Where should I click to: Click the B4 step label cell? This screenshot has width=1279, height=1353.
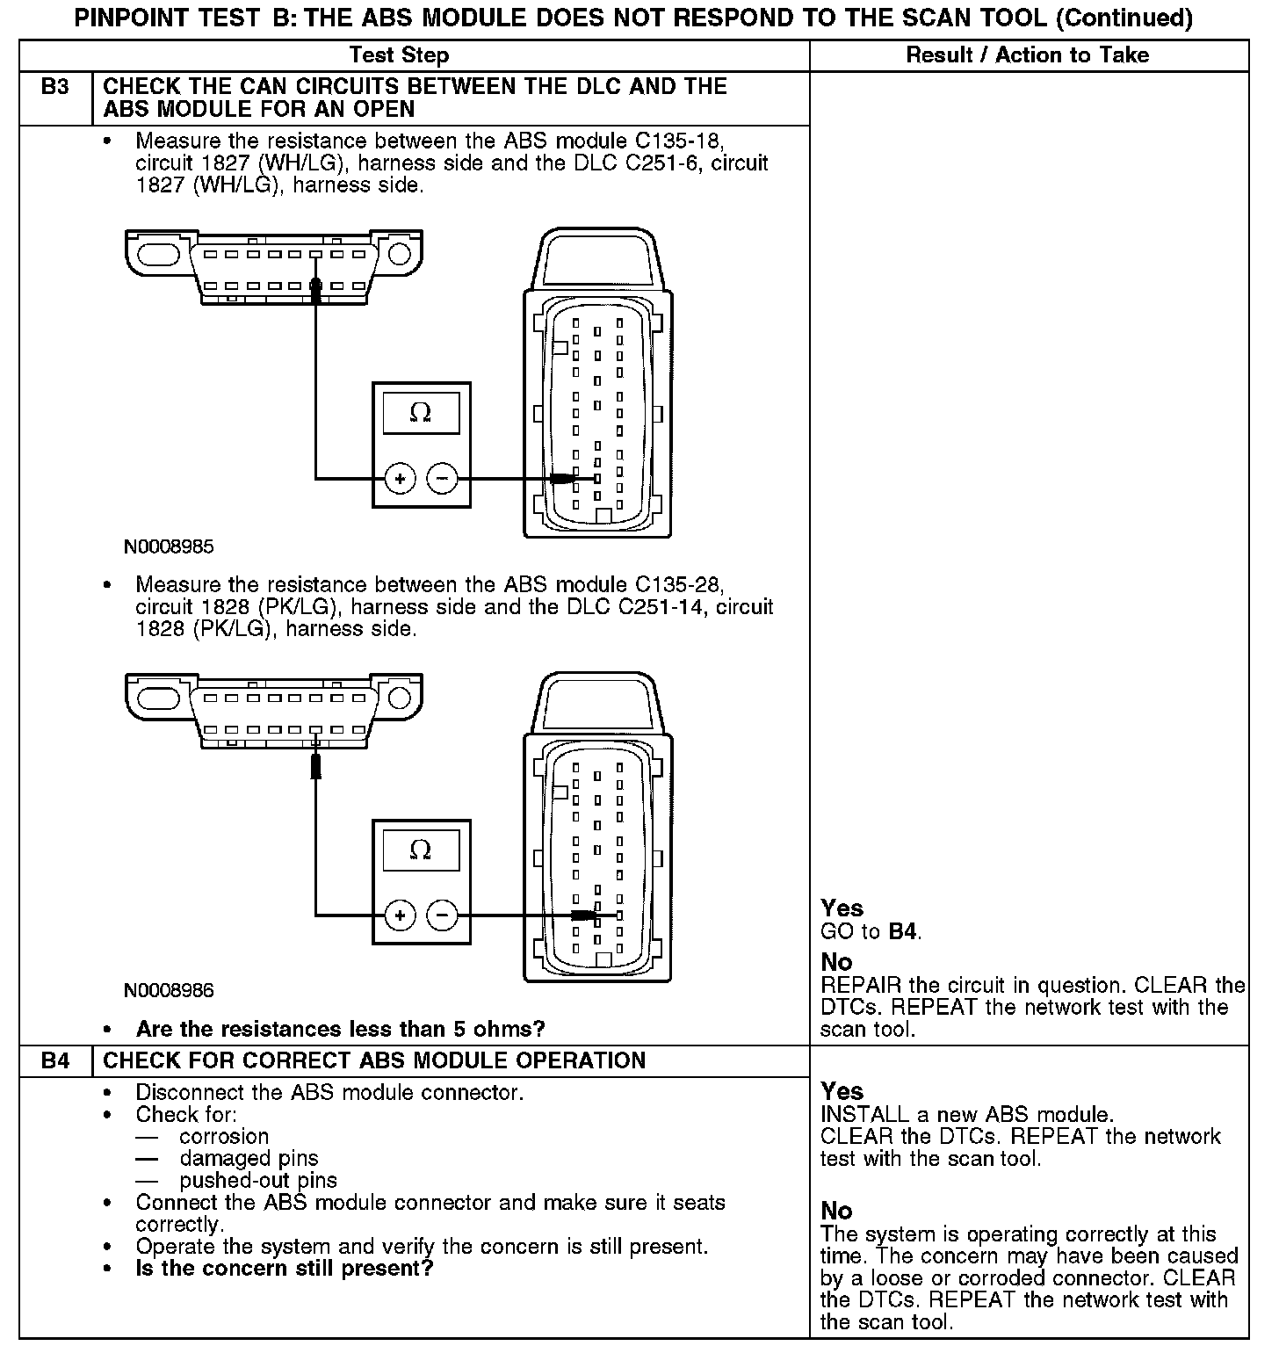(x=54, y=1060)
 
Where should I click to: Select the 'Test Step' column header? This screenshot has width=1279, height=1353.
(x=399, y=55)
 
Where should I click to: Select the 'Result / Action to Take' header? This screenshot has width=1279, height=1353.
(x=1027, y=55)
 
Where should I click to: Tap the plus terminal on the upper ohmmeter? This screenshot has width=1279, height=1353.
(x=400, y=479)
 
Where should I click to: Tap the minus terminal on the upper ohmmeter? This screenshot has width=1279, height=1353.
(x=442, y=479)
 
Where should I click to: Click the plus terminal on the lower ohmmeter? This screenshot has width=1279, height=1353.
(x=400, y=915)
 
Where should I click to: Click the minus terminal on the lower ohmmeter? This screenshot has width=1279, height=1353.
(x=442, y=915)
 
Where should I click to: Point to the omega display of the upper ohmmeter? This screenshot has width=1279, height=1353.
(x=421, y=413)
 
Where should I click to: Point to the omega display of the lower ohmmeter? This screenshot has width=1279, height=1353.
(x=421, y=850)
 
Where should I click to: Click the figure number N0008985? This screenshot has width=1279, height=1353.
(x=169, y=546)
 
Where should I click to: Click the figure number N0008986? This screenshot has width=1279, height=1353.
(x=169, y=990)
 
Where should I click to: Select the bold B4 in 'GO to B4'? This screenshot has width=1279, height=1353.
(x=903, y=931)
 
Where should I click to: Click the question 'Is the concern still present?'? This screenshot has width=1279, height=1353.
(x=285, y=1269)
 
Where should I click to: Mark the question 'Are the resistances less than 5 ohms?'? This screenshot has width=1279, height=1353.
(x=340, y=1029)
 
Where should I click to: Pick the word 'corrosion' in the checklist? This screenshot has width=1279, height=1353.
(x=224, y=1137)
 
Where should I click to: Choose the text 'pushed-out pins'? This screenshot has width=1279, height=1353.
(x=258, y=1181)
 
